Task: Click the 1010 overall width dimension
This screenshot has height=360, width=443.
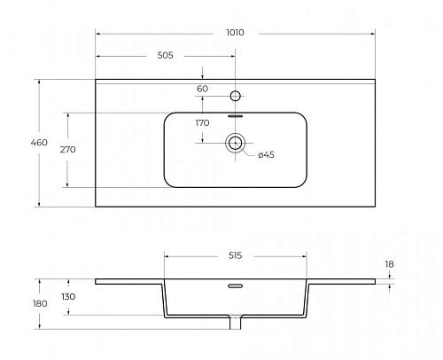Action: [x=235, y=32]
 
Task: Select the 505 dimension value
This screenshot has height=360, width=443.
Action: [x=165, y=55]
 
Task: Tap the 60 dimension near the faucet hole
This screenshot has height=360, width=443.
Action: [x=202, y=89]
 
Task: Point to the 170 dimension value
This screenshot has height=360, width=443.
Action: [x=202, y=122]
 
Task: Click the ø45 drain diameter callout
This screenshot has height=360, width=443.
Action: [x=266, y=154]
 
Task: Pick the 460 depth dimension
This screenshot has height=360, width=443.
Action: [x=39, y=143]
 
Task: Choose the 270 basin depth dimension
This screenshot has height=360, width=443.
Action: [x=67, y=150]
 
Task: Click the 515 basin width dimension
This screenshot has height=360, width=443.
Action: [x=235, y=255]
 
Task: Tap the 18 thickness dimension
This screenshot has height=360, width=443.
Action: [x=389, y=264]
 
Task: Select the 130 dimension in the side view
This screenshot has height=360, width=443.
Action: [x=68, y=296]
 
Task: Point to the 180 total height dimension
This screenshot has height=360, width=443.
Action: [x=40, y=303]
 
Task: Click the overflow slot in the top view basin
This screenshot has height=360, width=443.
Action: [x=235, y=116]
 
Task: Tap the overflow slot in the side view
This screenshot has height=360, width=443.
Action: [x=236, y=286]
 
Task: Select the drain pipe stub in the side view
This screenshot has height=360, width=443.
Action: [x=236, y=323]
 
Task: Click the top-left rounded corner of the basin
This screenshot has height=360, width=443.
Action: [x=167, y=116]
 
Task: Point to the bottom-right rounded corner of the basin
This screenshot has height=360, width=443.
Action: [x=303, y=184]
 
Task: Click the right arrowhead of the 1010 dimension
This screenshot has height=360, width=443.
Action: [x=373, y=34]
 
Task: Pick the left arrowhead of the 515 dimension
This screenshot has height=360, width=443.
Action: [x=167, y=256]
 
